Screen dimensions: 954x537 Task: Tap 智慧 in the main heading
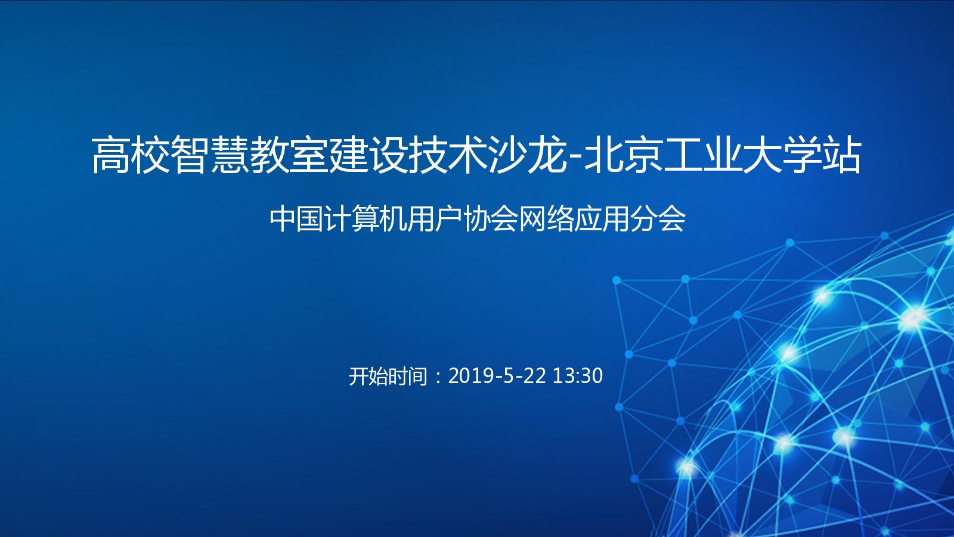point(211,155)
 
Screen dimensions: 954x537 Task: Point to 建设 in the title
point(369,155)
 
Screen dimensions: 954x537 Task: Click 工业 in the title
point(702,155)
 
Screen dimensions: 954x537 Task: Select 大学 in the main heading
point(782,155)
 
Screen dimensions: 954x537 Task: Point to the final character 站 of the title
point(842,155)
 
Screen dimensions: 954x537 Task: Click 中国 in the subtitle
point(296,219)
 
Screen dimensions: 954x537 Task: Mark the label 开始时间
point(388,376)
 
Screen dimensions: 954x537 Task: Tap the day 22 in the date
point(534,376)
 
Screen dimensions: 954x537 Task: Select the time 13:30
point(578,376)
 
